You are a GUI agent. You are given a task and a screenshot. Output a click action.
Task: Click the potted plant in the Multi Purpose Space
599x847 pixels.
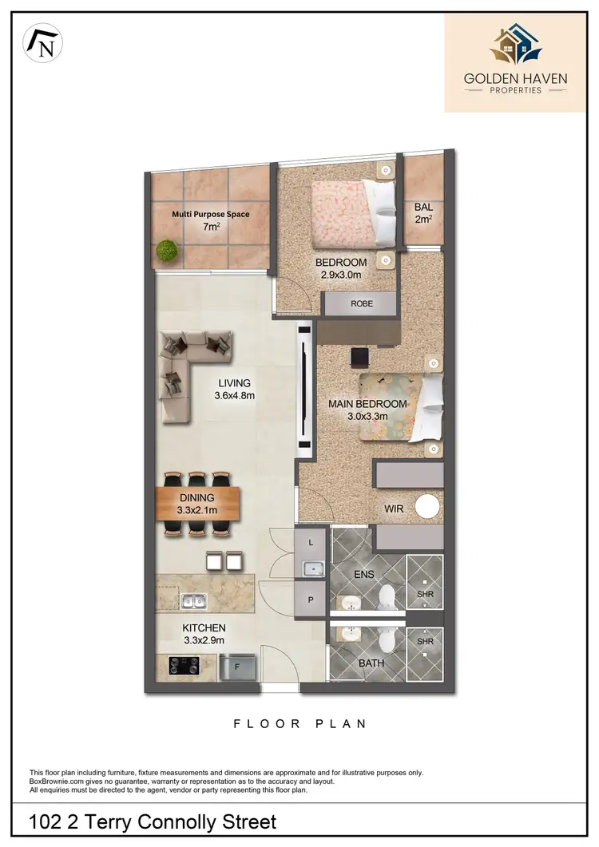[x=167, y=251]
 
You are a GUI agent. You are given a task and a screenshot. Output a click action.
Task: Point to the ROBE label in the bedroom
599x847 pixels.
[x=361, y=304]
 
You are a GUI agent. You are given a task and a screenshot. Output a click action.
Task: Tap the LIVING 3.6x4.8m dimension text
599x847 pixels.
[x=233, y=389]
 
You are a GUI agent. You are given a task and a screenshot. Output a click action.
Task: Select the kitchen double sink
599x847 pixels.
[x=195, y=602]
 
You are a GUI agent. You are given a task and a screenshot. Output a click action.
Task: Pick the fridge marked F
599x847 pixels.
[x=237, y=664]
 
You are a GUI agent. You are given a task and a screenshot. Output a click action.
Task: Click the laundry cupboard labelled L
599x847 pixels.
[x=311, y=543]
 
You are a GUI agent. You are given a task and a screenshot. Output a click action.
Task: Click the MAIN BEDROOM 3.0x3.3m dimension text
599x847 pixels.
[x=369, y=410]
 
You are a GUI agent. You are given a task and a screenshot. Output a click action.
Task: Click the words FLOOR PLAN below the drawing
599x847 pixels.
[x=299, y=724]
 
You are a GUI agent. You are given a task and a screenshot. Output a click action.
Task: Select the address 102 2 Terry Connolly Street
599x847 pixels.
[x=153, y=821]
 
